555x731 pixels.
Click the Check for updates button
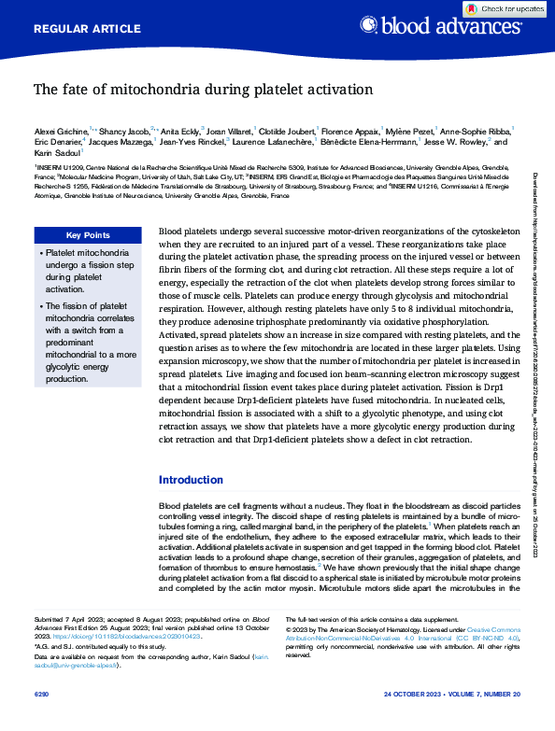pyautogui.click(x=505, y=8)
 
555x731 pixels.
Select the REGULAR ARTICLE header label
pyautogui.click(x=81, y=29)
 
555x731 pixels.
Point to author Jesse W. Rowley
pyautogui.click(x=455, y=142)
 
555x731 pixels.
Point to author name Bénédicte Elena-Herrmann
pyautogui.click(x=369, y=142)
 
